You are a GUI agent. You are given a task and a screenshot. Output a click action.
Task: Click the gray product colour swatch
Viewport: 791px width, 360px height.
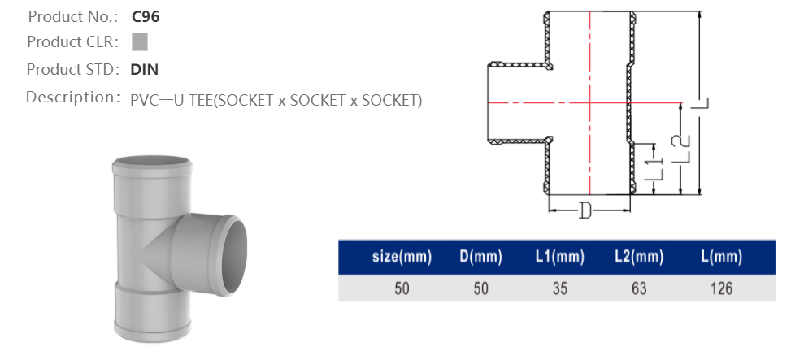[139, 41]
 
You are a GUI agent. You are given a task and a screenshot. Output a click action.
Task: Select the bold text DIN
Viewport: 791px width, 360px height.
[144, 70]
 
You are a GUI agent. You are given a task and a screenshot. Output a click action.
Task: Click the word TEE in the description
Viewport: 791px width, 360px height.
[203, 101]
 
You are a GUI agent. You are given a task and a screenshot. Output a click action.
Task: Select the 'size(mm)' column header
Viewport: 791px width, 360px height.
[402, 258]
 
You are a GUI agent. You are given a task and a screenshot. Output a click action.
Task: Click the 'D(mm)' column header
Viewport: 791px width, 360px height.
[480, 258]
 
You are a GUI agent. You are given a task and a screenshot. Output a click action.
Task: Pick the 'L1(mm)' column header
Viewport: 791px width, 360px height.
[560, 258]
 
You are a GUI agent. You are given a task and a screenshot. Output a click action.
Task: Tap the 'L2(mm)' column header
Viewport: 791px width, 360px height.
[640, 258]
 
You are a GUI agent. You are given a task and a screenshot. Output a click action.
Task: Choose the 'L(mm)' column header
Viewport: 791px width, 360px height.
[721, 258]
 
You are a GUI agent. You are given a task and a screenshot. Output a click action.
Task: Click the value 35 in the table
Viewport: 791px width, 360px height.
[560, 288]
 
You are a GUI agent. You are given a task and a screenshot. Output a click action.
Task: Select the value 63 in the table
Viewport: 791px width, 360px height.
[640, 288]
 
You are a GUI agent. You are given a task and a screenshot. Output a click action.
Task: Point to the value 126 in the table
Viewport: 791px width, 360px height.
[721, 288]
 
